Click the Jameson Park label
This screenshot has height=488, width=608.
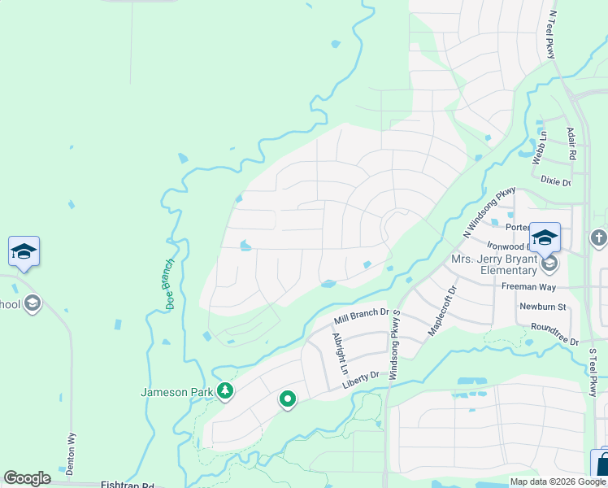[x=176, y=392]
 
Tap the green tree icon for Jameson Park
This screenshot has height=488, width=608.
[x=225, y=392]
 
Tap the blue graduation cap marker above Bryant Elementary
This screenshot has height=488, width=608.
[x=545, y=237]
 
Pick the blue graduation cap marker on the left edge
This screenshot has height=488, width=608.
[x=24, y=251]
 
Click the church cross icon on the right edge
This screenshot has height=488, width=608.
[x=599, y=238]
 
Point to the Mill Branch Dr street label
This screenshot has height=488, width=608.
[x=363, y=317]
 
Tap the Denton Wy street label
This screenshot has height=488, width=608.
[x=70, y=454]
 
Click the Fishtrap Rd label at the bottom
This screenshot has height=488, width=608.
[x=128, y=484]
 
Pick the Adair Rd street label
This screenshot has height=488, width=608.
[x=572, y=143]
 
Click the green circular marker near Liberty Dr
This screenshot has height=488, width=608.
[x=287, y=399]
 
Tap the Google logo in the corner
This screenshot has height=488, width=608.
[x=28, y=478]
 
